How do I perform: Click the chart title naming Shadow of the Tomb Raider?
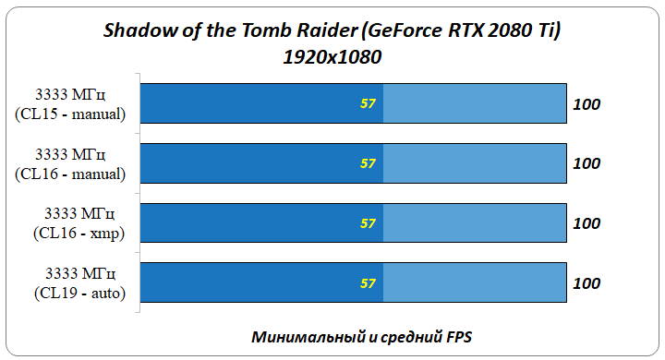coord(332,31)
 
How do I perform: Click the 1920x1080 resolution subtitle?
coord(332,56)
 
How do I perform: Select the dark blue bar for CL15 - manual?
coord(261,103)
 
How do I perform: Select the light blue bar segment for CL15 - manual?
coord(474,103)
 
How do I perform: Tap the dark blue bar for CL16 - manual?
coord(261,163)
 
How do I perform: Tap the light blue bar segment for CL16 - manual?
coord(474,163)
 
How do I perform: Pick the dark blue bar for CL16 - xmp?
coord(261,223)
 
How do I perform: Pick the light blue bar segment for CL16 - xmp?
coord(474,223)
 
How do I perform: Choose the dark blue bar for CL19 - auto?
coord(261,283)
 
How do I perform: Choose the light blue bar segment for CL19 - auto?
coord(474,283)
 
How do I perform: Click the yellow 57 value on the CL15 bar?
coord(368,103)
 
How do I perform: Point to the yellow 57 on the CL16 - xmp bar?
coord(368,223)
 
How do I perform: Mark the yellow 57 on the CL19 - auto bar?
coord(368,283)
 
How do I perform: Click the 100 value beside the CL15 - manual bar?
coord(586,103)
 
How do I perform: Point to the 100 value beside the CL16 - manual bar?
coord(586,163)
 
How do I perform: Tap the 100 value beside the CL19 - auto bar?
coord(586,283)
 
